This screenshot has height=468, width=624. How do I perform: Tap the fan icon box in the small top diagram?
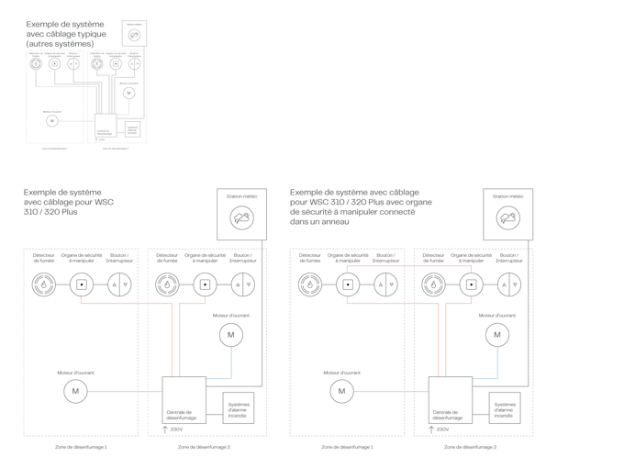coord(135,34)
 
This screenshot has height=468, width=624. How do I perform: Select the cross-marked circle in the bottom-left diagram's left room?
coord(118,284)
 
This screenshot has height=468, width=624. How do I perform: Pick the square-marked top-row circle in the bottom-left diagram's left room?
coord(80,284)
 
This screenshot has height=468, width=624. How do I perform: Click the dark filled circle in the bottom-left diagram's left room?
coord(41,284)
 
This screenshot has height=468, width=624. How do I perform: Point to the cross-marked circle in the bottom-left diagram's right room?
coord(241,284)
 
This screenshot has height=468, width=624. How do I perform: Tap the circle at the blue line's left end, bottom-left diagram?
coord(76,392)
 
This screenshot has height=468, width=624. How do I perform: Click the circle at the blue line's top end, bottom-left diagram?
coord(230,335)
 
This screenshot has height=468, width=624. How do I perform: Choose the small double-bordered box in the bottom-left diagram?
coord(239,407)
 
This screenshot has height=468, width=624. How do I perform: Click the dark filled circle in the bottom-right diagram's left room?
coord(308,284)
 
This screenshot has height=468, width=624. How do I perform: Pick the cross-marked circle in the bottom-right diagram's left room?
coord(384,284)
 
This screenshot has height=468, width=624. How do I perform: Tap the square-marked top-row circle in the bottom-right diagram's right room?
coord(470,284)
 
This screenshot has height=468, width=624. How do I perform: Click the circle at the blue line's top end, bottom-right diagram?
coord(496,335)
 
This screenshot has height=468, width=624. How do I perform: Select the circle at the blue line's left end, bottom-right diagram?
coord(341,392)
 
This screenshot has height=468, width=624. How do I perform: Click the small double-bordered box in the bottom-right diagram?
coord(505,407)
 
